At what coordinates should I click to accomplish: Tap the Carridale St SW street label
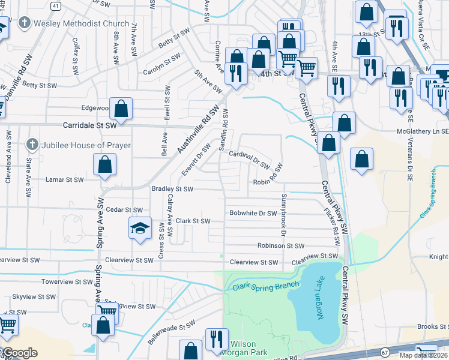pos(89,126)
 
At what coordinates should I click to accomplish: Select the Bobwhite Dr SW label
pos(253,213)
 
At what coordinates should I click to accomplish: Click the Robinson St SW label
pos(281,246)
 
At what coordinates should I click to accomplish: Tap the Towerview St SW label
pos(66,281)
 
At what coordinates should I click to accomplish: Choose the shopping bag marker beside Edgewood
pos(121,109)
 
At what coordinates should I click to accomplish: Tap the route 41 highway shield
pos(55,5)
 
